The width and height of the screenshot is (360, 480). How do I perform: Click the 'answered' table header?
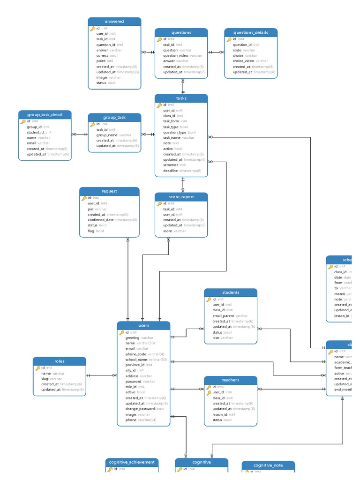click(x=114, y=22)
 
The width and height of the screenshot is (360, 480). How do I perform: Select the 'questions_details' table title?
click(x=251, y=33)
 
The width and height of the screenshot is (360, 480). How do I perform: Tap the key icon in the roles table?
click(x=38, y=368)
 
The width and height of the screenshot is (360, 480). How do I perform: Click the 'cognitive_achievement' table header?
click(x=132, y=462)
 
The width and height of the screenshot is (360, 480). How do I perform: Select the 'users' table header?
click(x=143, y=325)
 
